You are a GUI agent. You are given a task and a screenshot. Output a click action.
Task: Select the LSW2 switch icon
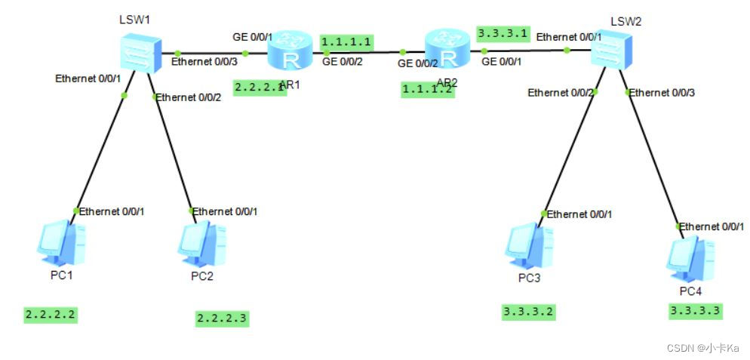(611, 53)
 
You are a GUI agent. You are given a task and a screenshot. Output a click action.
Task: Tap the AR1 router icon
(289, 51)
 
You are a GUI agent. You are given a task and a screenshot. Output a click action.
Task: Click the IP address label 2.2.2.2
(51, 314)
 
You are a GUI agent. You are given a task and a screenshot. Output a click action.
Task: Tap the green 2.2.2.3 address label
(222, 318)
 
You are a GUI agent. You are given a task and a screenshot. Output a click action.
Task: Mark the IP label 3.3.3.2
(529, 311)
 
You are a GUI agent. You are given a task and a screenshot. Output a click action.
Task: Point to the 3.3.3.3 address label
(695, 309)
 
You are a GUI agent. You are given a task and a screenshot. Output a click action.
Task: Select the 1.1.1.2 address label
(428, 89)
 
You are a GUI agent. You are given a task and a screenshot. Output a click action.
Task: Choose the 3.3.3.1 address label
(503, 34)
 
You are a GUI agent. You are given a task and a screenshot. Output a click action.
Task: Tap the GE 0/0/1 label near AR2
(501, 62)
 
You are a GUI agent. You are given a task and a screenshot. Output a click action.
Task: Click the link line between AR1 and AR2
(362, 53)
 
